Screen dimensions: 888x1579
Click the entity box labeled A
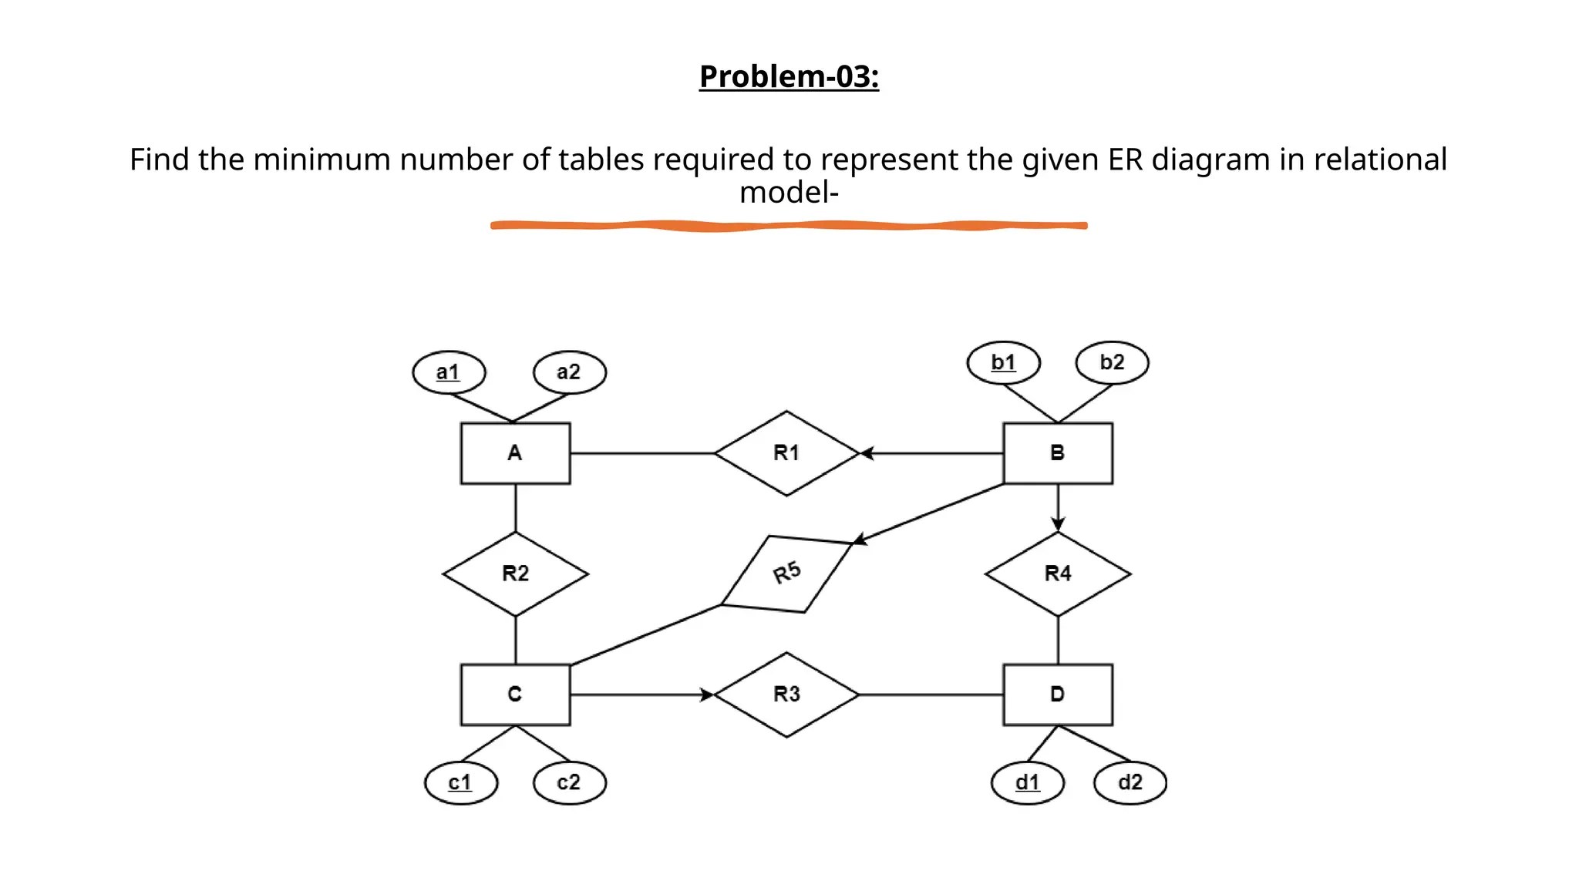(x=515, y=453)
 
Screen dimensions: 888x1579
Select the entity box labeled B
(x=1057, y=453)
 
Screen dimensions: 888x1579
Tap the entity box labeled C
(x=515, y=695)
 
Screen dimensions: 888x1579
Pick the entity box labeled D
(x=1057, y=695)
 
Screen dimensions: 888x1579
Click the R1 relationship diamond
(x=786, y=453)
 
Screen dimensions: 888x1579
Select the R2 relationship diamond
(x=515, y=573)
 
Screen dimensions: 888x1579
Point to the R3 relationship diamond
(x=786, y=695)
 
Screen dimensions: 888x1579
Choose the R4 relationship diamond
(x=1057, y=573)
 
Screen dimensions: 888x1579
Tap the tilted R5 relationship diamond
(x=786, y=573)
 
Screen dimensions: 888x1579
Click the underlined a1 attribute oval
(x=449, y=372)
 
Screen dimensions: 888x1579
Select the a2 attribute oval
(x=569, y=372)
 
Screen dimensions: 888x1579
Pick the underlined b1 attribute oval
(x=1003, y=362)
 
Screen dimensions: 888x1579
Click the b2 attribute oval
(x=1112, y=362)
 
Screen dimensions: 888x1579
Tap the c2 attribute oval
(x=569, y=782)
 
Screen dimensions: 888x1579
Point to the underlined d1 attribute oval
(x=1027, y=782)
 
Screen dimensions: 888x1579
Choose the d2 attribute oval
(x=1130, y=782)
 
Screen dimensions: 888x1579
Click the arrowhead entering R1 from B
(x=867, y=453)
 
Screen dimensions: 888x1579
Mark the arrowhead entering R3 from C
(x=706, y=695)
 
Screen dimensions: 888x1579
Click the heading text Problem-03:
(x=789, y=76)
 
